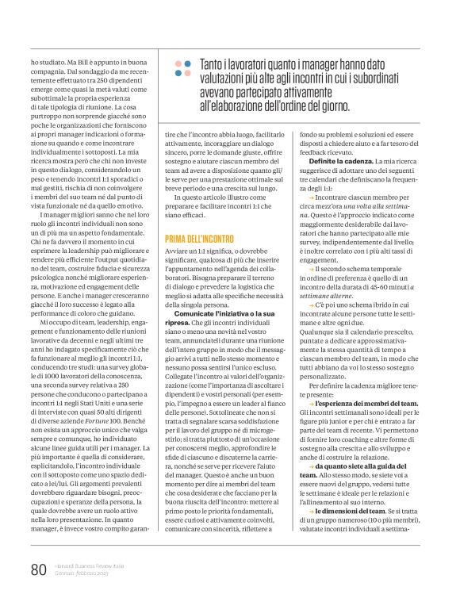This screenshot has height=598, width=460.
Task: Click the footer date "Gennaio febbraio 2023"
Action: (90, 574)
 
